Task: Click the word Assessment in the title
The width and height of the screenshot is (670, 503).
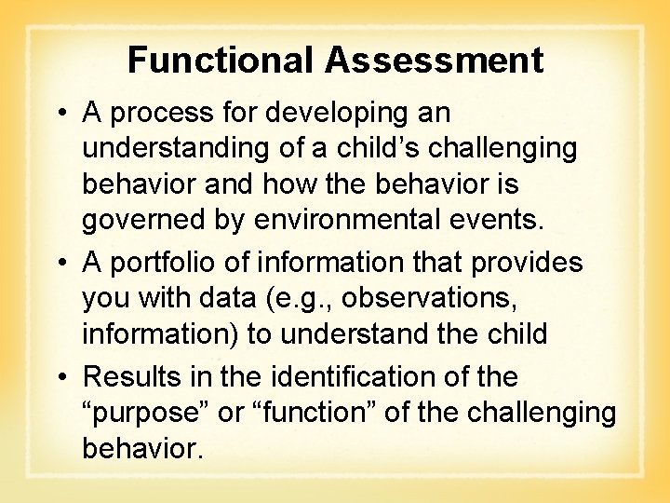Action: [434, 61]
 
